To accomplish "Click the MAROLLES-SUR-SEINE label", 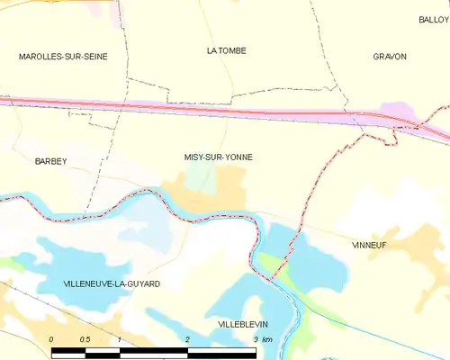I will [63, 56].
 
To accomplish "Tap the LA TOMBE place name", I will [226, 50].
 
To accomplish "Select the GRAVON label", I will [390, 56].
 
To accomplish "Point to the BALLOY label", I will [434, 19].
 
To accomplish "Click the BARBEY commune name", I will [50, 160].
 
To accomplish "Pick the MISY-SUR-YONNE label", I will [219, 157].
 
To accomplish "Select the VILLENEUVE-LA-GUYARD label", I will [112, 283].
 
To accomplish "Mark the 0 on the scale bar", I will [52, 338].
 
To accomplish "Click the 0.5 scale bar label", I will [85, 338].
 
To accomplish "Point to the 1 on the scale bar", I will [120, 338].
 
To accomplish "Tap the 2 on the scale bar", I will [186, 338].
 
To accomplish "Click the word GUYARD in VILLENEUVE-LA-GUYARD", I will [143, 283].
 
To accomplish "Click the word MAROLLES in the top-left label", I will [39, 56].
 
